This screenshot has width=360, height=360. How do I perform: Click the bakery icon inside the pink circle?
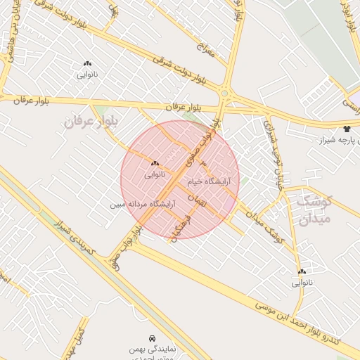(155, 162)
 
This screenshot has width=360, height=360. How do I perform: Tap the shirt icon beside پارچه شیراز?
(347, 129)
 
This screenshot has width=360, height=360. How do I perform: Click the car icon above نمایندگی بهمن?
(153, 337)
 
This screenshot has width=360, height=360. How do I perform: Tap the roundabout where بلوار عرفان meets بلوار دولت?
(224, 93)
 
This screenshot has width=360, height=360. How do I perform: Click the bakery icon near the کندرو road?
(302, 271)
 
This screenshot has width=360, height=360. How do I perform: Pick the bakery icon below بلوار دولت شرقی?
(87, 63)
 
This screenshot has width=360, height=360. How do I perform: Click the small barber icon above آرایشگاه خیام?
(204, 163)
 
